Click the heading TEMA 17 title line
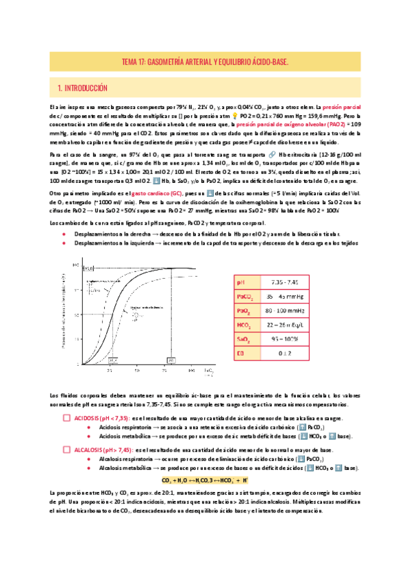pos(205,61)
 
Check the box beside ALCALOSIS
pos(66,449)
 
